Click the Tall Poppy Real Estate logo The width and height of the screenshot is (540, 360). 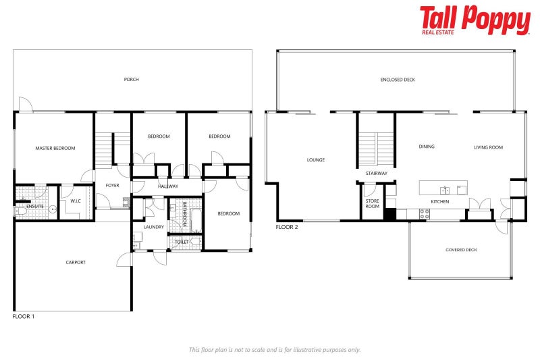[475, 20]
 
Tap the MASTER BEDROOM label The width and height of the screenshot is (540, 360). [55, 148]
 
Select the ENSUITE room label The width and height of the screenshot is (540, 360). [34, 206]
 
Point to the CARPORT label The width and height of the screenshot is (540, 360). [76, 262]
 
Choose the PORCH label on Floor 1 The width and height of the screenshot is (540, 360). [132, 80]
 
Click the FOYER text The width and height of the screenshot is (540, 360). [112, 185]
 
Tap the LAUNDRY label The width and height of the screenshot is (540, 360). [153, 227]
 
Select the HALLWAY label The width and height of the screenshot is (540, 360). [168, 186]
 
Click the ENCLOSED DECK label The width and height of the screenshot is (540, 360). [398, 80]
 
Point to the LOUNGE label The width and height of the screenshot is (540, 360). [316, 160]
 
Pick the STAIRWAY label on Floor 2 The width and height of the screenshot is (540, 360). [377, 174]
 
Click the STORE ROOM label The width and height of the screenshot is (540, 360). [373, 203]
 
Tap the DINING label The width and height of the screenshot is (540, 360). [427, 147]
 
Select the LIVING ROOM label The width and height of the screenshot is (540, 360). [488, 147]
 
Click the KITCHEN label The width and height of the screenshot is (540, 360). [440, 202]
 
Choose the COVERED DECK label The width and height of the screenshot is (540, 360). [461, 250]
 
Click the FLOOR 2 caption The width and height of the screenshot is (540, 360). [287, 228]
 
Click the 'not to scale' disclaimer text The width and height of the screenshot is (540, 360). [275, 350]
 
